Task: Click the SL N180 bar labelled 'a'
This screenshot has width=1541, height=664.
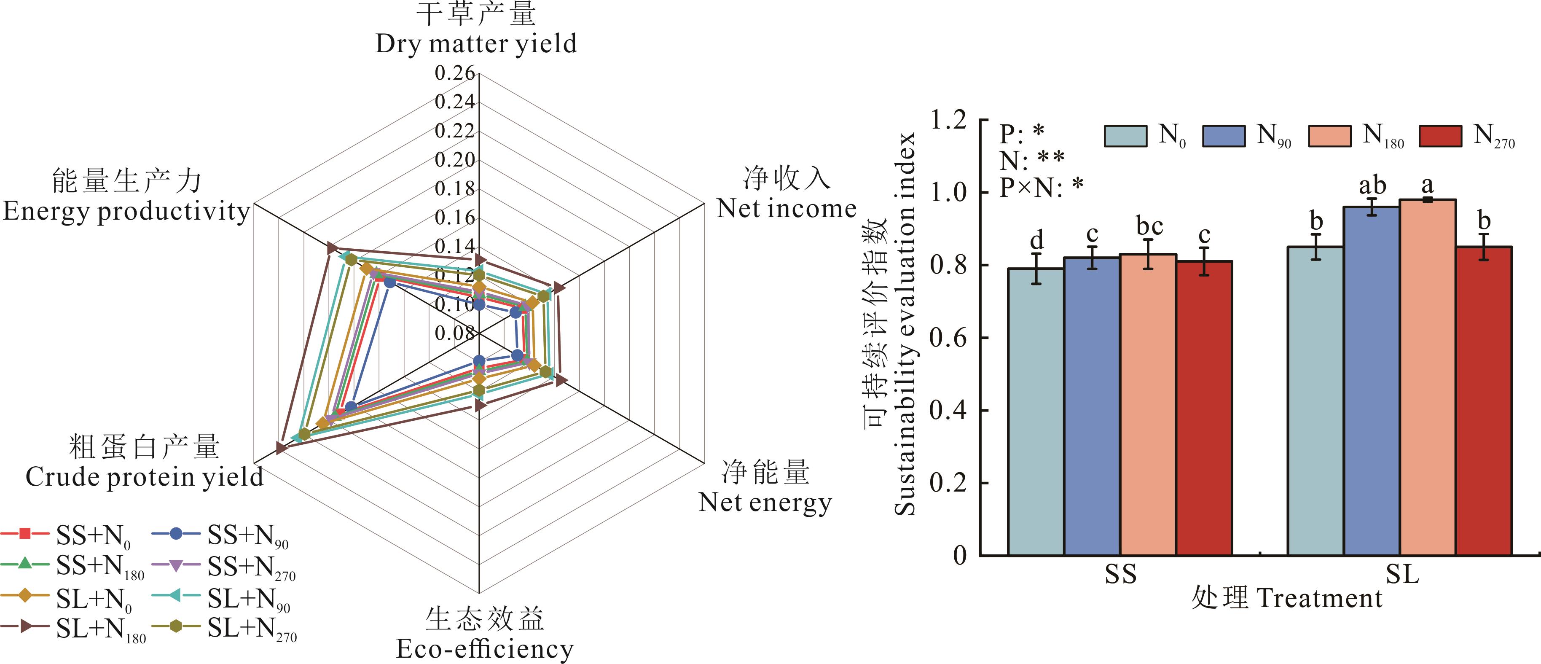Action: click(1427, 377)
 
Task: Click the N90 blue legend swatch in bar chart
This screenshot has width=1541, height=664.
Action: click(1223, 136)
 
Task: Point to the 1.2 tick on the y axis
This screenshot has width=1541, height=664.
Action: click(949, 120)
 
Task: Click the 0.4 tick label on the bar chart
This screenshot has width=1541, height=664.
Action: click(949, 410)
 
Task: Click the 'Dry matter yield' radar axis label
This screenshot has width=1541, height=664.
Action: click(476, 44)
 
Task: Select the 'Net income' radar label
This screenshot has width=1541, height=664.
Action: click(787, 209)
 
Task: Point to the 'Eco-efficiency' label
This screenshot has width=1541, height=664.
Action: click(485, 648)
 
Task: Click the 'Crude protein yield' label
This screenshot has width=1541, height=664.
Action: click(144, 477)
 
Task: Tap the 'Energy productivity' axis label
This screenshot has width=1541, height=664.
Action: click(126, 211)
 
